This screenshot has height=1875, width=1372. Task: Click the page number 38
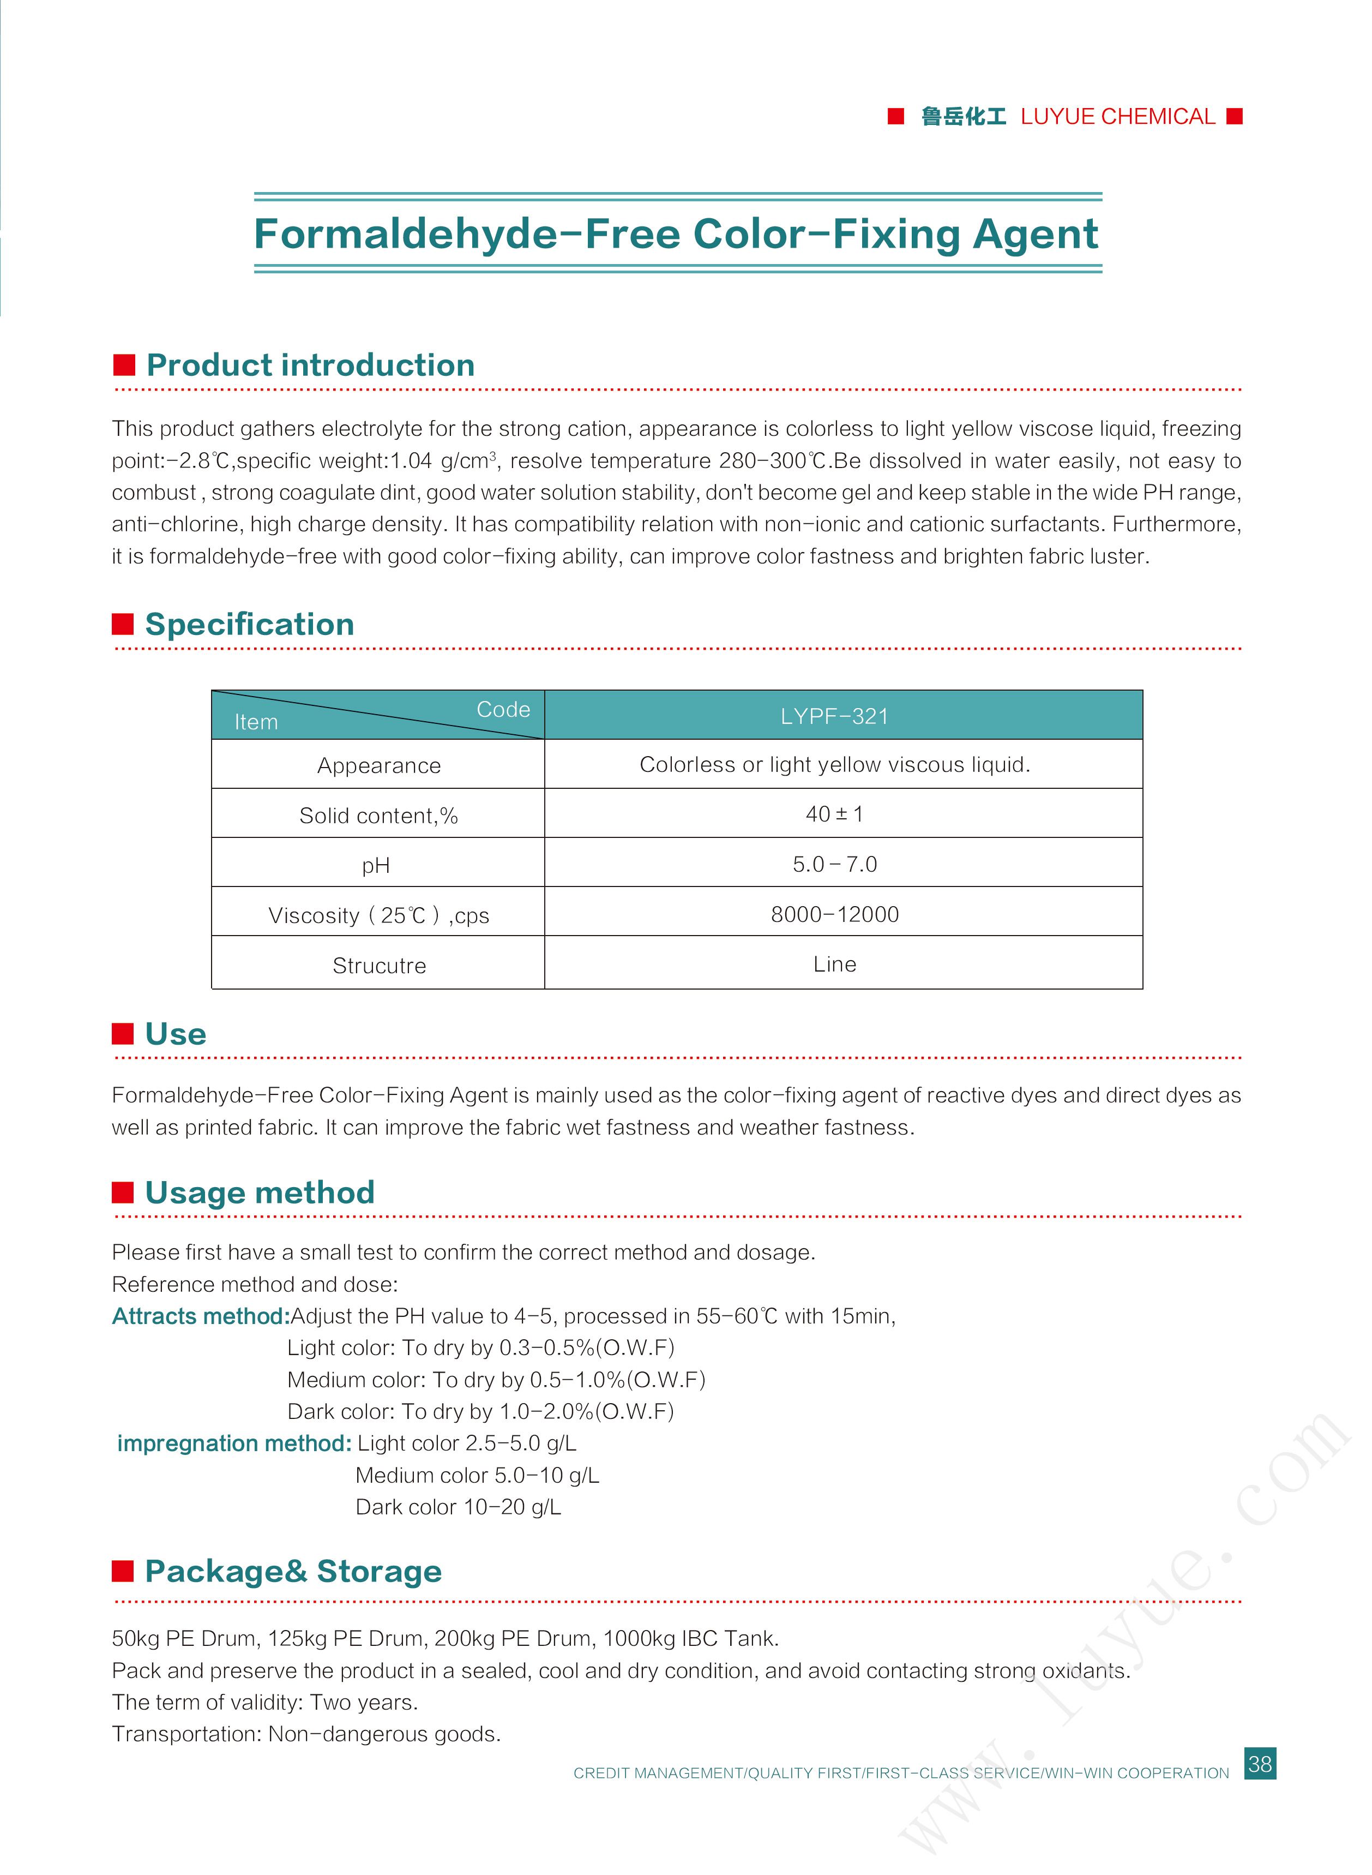(1259, 1763)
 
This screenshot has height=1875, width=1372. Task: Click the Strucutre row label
(378, 966)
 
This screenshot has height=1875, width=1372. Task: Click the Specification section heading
(249, 624)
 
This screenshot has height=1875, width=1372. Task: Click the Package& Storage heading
(293, 1571)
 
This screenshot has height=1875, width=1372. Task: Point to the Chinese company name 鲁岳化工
(964, 116)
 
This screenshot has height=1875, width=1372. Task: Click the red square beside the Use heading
(123, 1033)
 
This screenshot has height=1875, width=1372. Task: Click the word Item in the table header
(256, 722)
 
